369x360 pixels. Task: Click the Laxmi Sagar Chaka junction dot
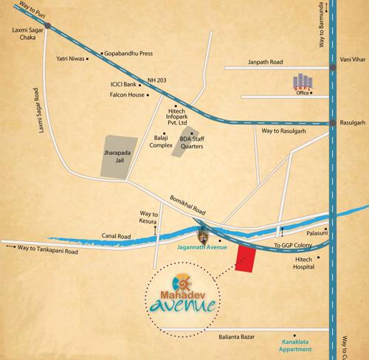tap(47, 25)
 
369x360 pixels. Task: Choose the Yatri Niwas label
tap(72, 58)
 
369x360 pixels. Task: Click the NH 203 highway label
tap(158, 79)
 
